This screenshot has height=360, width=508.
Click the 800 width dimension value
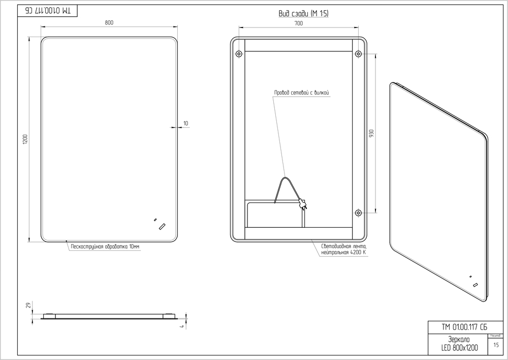pos(109,22)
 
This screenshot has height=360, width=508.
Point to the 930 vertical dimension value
pos(371,133)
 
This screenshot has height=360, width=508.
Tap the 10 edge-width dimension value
pos(185,124)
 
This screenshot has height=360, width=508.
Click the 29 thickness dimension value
pos(27,305)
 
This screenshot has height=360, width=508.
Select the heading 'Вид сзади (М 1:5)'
pos(304,13)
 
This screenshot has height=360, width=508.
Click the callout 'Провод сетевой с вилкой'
pos(303,93)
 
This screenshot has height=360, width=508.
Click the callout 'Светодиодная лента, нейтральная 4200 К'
pos(343,249)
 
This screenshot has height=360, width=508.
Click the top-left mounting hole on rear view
pos(239,53)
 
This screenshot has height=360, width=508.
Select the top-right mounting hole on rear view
pos(358,53)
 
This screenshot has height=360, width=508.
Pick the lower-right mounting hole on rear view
pos(358,213)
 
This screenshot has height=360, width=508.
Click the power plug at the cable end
pos(303,204)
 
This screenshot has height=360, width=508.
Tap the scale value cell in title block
pos(495,345)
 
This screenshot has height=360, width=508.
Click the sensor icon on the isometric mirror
pos(475,284)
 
